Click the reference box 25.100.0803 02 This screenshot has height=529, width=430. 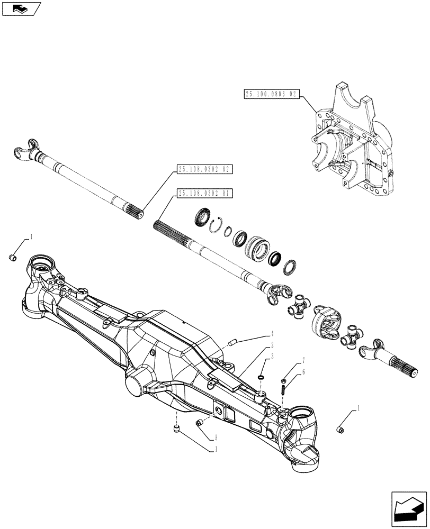[x=272, y=94]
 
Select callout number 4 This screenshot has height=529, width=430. [x=272, y=334]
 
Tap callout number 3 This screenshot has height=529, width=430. [x=272, y=357]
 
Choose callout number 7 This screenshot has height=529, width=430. [x=303, y=361]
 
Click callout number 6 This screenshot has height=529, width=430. [x=303, y=372]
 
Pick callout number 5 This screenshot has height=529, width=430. [x=217, y=437]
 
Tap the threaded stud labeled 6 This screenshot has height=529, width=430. [x=284, y=390]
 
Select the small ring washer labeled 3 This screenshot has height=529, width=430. [x=261, y=377]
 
